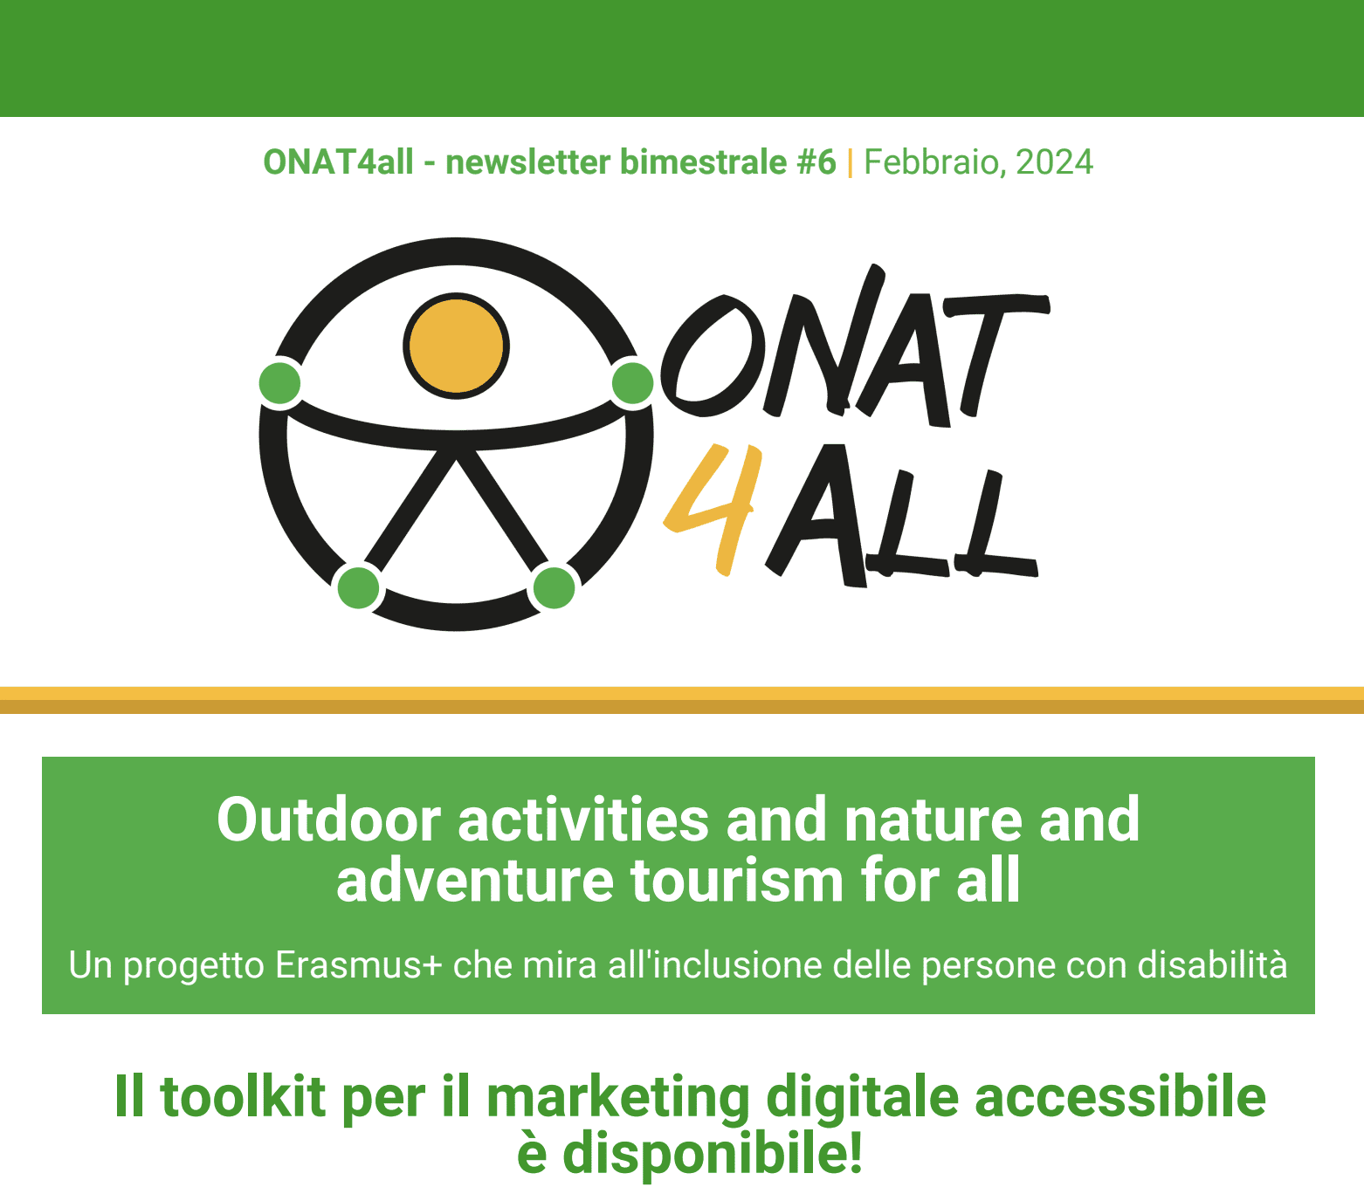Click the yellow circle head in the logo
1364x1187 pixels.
coord(456,346)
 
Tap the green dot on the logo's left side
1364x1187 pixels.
coord(280,383)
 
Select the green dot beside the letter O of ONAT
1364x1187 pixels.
coord(632,383)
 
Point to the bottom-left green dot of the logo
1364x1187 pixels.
coord(359,587)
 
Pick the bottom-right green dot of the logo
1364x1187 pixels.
coord(554,587)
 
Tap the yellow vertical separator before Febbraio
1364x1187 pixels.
coord(850,163)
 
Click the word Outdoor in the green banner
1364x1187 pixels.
coord(329,820)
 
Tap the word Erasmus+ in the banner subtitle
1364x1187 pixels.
coord(359,965)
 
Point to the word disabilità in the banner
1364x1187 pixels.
coord(1212,965)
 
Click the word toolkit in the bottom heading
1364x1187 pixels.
coord(243,1097)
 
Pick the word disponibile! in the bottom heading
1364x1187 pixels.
coord(713,1155)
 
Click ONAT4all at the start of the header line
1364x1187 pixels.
coord(338,161)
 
